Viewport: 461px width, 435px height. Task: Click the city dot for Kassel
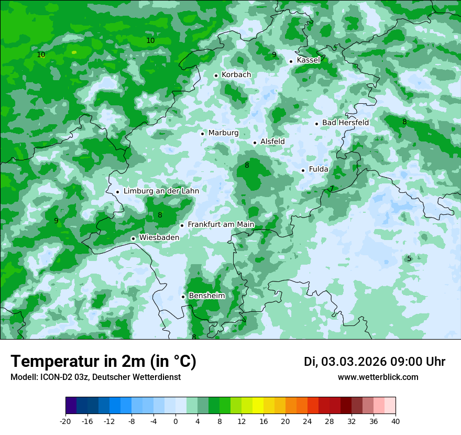click(291, 61)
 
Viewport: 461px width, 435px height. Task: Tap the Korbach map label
click(236, 75)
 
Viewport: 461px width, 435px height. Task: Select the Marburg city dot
click(203, 134)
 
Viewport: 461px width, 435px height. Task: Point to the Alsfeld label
click(272, 142)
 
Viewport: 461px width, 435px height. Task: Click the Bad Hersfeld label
click(345, 123)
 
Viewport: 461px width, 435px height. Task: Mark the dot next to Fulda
click(303, 170)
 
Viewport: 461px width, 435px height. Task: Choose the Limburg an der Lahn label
click(161, 191)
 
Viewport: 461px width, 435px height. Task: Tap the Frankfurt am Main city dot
click(182, 225)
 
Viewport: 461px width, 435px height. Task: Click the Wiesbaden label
click(159, 237)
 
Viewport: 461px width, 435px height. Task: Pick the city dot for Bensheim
click(183, 297)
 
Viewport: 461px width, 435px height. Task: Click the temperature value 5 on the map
click(409, 258)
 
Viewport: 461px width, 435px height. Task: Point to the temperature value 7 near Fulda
click(332, 189)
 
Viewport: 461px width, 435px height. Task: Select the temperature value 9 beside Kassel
click(274, 55)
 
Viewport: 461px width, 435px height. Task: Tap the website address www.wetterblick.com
click(378, 377)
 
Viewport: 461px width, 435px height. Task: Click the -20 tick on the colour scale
click(65, 421)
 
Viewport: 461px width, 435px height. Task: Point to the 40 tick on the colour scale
click(396, 421)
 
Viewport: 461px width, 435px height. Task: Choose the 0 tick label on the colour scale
click(175, 421)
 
